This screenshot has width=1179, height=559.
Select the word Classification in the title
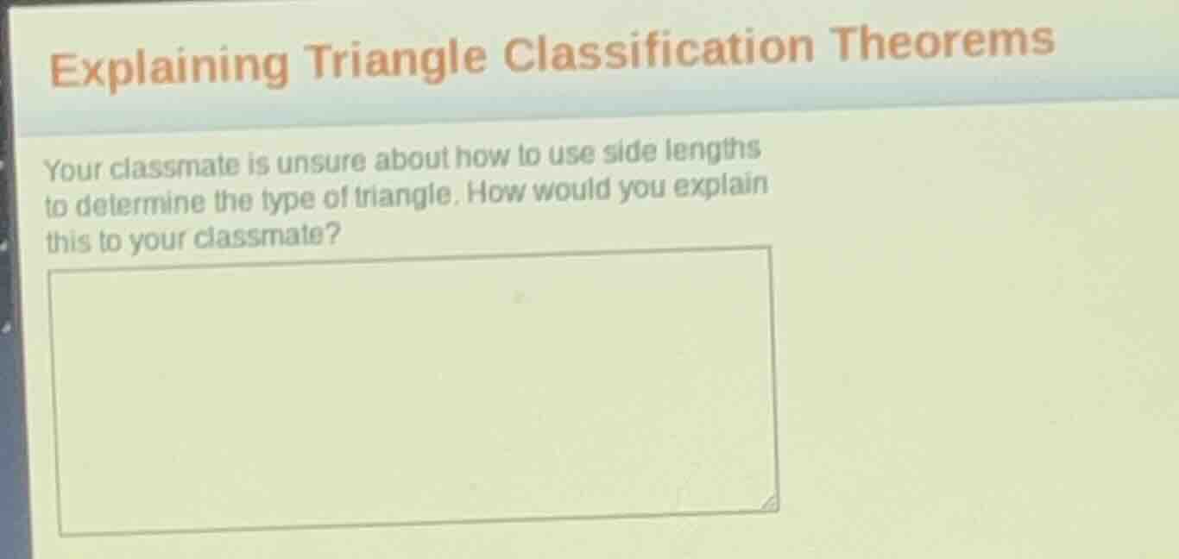[x=658, y=49]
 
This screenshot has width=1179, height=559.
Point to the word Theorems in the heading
[x=943, y=41]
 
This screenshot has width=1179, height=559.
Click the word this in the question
[x=67, y=242]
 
